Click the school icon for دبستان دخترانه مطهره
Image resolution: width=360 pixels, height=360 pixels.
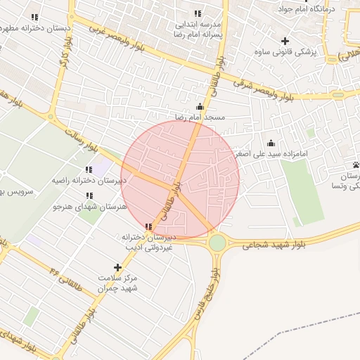(x=34, y=17)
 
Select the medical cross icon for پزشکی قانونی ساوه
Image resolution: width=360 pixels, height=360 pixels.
(x=285, y=41)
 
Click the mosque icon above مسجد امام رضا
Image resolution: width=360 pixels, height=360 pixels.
(x=200, y=106)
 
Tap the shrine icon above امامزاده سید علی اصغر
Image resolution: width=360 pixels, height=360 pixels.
(x=271, y=143)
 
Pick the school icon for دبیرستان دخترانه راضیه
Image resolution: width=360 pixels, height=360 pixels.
(x=89, y=169)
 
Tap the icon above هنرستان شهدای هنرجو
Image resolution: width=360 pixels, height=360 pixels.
(x=89, y=195)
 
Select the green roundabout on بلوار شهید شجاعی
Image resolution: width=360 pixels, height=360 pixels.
(x=217, y=243)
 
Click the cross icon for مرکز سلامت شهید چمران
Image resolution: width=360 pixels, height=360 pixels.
(x=117, y=267)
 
